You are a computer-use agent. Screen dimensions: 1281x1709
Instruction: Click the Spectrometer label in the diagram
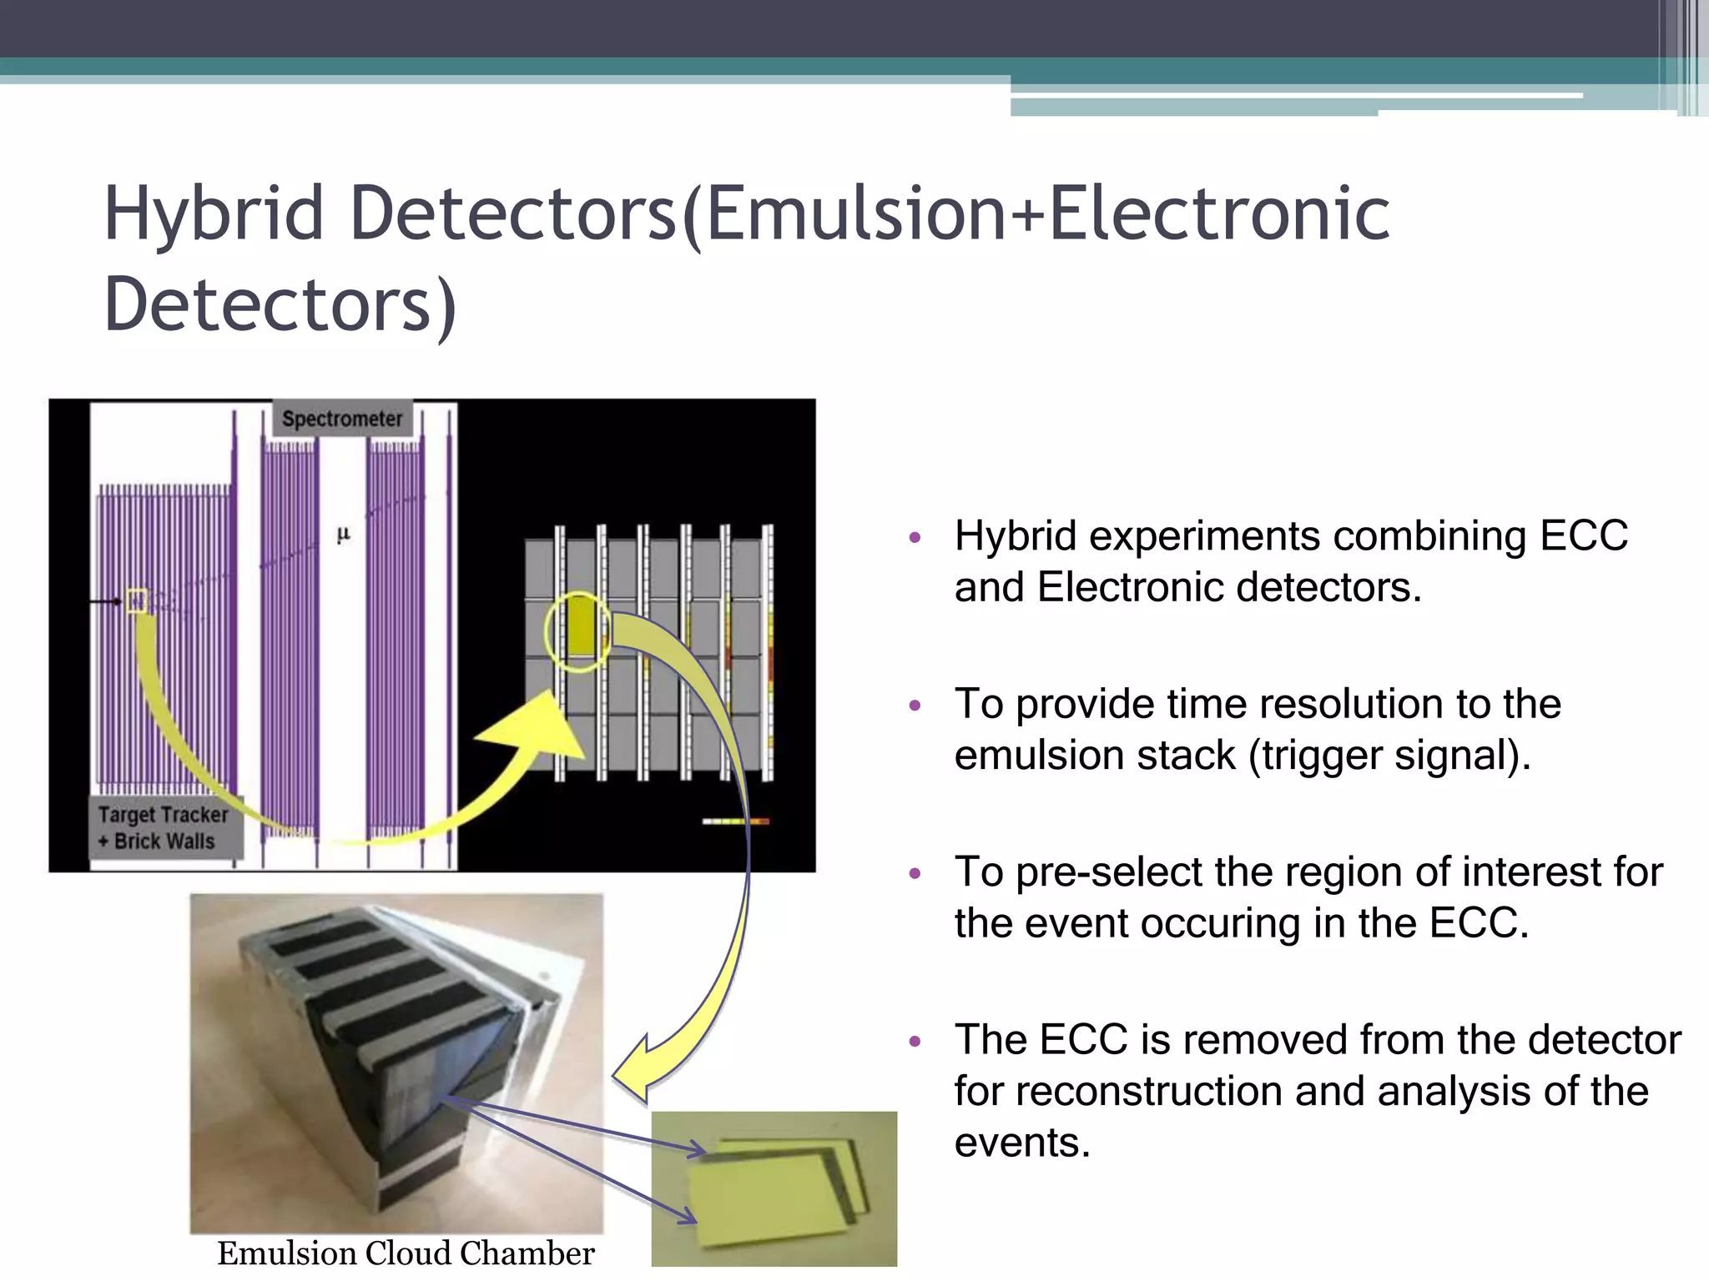pyautogui.click(x=342, y=419)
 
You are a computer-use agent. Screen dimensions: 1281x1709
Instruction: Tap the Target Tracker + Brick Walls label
pyautogui.click(x=164, y=827)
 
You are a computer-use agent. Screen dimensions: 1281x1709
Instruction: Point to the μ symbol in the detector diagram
pyautogui.click(x=343, y=535)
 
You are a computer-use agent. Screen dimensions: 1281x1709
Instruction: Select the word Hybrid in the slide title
pyautogui.click(x=214, y=213)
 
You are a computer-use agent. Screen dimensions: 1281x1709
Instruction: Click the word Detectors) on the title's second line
pyautogui.click(x=280, y=304)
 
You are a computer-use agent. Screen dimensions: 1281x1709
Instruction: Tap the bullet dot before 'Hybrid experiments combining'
pyautogui.click(x=915, y=538)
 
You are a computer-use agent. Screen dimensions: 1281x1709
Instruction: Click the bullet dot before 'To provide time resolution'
pyautogui.click(x=915, y=706)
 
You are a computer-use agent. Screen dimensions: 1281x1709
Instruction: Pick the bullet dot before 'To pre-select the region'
pyautogui.click(x=915, y=874)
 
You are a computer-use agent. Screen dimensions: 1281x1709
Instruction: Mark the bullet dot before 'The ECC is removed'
pyautogui.click(x=915, y=1042)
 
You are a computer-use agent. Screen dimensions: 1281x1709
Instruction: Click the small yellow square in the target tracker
pyautogui.click(x=136, y=600)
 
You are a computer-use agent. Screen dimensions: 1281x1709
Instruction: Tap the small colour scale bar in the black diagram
pyautogui.click(x=735, y=821)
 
